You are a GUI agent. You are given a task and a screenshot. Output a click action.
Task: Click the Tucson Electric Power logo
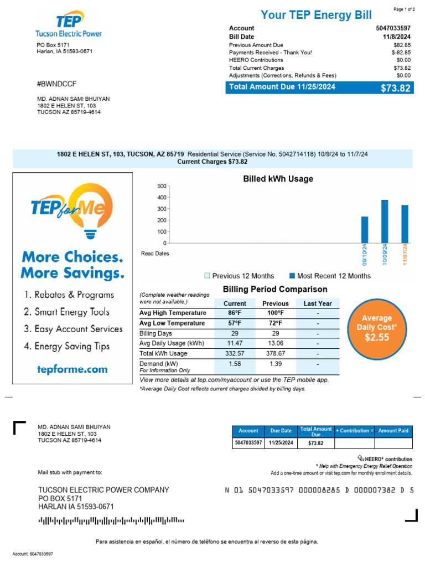click(x=68, y=27)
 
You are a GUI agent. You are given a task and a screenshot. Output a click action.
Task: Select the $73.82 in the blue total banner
click(x=396, y=88)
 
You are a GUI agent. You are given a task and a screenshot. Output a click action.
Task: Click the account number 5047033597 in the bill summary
click(x=393, y=28)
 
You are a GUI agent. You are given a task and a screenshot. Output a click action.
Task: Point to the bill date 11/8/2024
click(x=398, y=37)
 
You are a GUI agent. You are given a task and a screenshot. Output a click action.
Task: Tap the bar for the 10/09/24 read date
click(x=385, y=221)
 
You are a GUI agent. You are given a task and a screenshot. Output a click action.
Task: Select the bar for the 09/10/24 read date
click(x=365, y=230)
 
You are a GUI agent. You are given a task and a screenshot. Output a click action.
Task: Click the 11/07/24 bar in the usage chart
click(x=405, y=224)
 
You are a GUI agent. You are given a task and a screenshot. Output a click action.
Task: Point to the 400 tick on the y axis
click(x=162, y=197)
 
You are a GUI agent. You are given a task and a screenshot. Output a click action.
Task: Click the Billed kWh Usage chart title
click(x=278, y=179)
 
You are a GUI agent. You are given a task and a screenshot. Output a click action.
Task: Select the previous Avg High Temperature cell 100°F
click(x=275, y=313)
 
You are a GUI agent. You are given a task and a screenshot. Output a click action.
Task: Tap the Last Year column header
click(x=318, y=303)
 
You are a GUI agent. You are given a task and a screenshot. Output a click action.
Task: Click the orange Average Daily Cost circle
click(x=376, y=328)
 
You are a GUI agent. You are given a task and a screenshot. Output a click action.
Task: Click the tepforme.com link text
click(x=72, y=369)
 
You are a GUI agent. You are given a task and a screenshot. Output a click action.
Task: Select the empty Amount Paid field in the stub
click(x=393, y=444)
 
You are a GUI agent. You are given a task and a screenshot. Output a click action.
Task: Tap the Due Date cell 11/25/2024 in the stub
click(x=281, y=444)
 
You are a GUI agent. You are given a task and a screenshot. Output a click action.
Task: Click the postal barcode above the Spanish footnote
click(x=111, y=520)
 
